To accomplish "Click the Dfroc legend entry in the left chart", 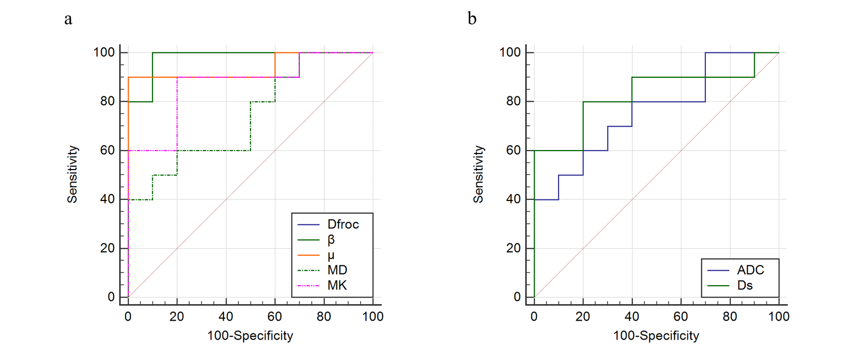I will (x=343, y=224).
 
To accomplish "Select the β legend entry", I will (x=331, y=240).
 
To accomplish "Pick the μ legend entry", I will (x=331, y=255).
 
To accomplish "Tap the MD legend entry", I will (x=337, y=270).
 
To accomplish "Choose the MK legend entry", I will (x=337, y=285).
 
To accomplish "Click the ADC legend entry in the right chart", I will (x=750, y=270).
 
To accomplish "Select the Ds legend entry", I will (x=745, y=285).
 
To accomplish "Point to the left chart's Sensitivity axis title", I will (x=73, y=175).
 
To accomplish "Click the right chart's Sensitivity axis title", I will (x=479, y=175).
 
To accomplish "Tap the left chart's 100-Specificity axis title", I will (x=250, y=336).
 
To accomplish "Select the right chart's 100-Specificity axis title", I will (x=656, y=336).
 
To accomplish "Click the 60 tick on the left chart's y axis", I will (x=107, y=150).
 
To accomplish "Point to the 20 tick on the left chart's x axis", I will (x=177, y=317).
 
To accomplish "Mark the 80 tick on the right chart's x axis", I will (x=730, y=317).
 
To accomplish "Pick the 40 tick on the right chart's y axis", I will (x=513, y=199).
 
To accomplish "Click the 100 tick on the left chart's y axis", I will (x=104, y=52).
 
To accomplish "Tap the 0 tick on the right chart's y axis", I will (x=517, y=297).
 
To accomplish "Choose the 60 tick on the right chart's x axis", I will (x=681, y=317).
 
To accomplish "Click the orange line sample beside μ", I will (x=308, y=255).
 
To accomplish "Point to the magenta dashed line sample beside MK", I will (x=308, y=286).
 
